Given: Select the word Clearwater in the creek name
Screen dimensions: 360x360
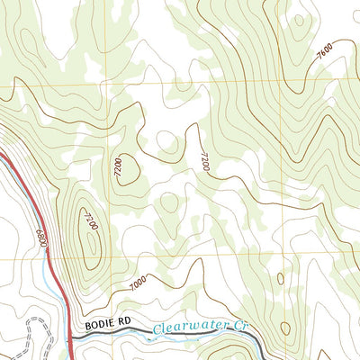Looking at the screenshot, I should (x=188, y=328).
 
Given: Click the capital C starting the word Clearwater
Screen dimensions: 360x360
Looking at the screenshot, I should (x=157, y=330).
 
